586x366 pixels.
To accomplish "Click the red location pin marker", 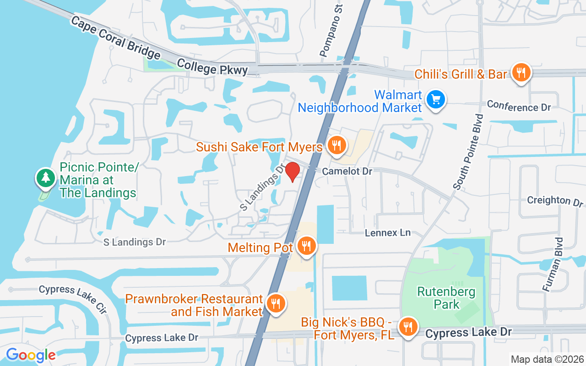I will [x=293, y=172].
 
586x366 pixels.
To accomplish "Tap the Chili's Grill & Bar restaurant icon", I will [x=521, y=73].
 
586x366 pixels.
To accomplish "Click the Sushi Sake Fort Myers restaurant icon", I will [x=336, y=145].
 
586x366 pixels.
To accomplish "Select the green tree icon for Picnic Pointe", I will [x=45, y=178].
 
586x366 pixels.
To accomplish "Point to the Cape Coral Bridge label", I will [x=115, y=38].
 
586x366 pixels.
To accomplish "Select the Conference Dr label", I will [x=519, y=106].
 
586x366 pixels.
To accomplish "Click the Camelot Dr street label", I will [x=347, y=171].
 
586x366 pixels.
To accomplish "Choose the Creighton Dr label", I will [x=555, y=200].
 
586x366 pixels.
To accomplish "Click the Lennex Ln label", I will [x=388, y=233].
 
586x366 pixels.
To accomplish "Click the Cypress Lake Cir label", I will [x=73, y=299].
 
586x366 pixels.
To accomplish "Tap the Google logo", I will [x=31, y=355].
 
